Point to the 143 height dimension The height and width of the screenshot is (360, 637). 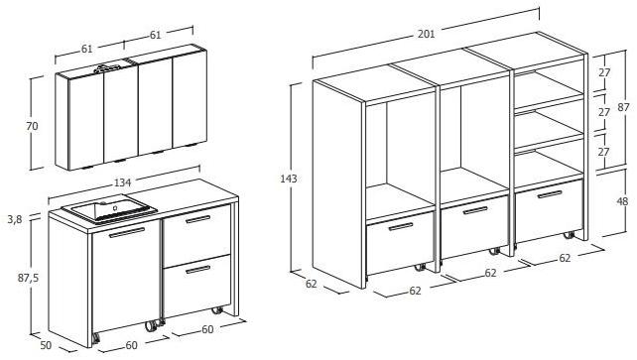tap(289, 179)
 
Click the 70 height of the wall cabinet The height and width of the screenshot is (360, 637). tap(32, 126)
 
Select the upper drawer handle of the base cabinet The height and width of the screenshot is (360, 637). tap(198, 218)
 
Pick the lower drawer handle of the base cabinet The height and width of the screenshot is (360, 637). tap(197, 269)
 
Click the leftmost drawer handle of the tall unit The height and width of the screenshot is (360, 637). tap(400, 228)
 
